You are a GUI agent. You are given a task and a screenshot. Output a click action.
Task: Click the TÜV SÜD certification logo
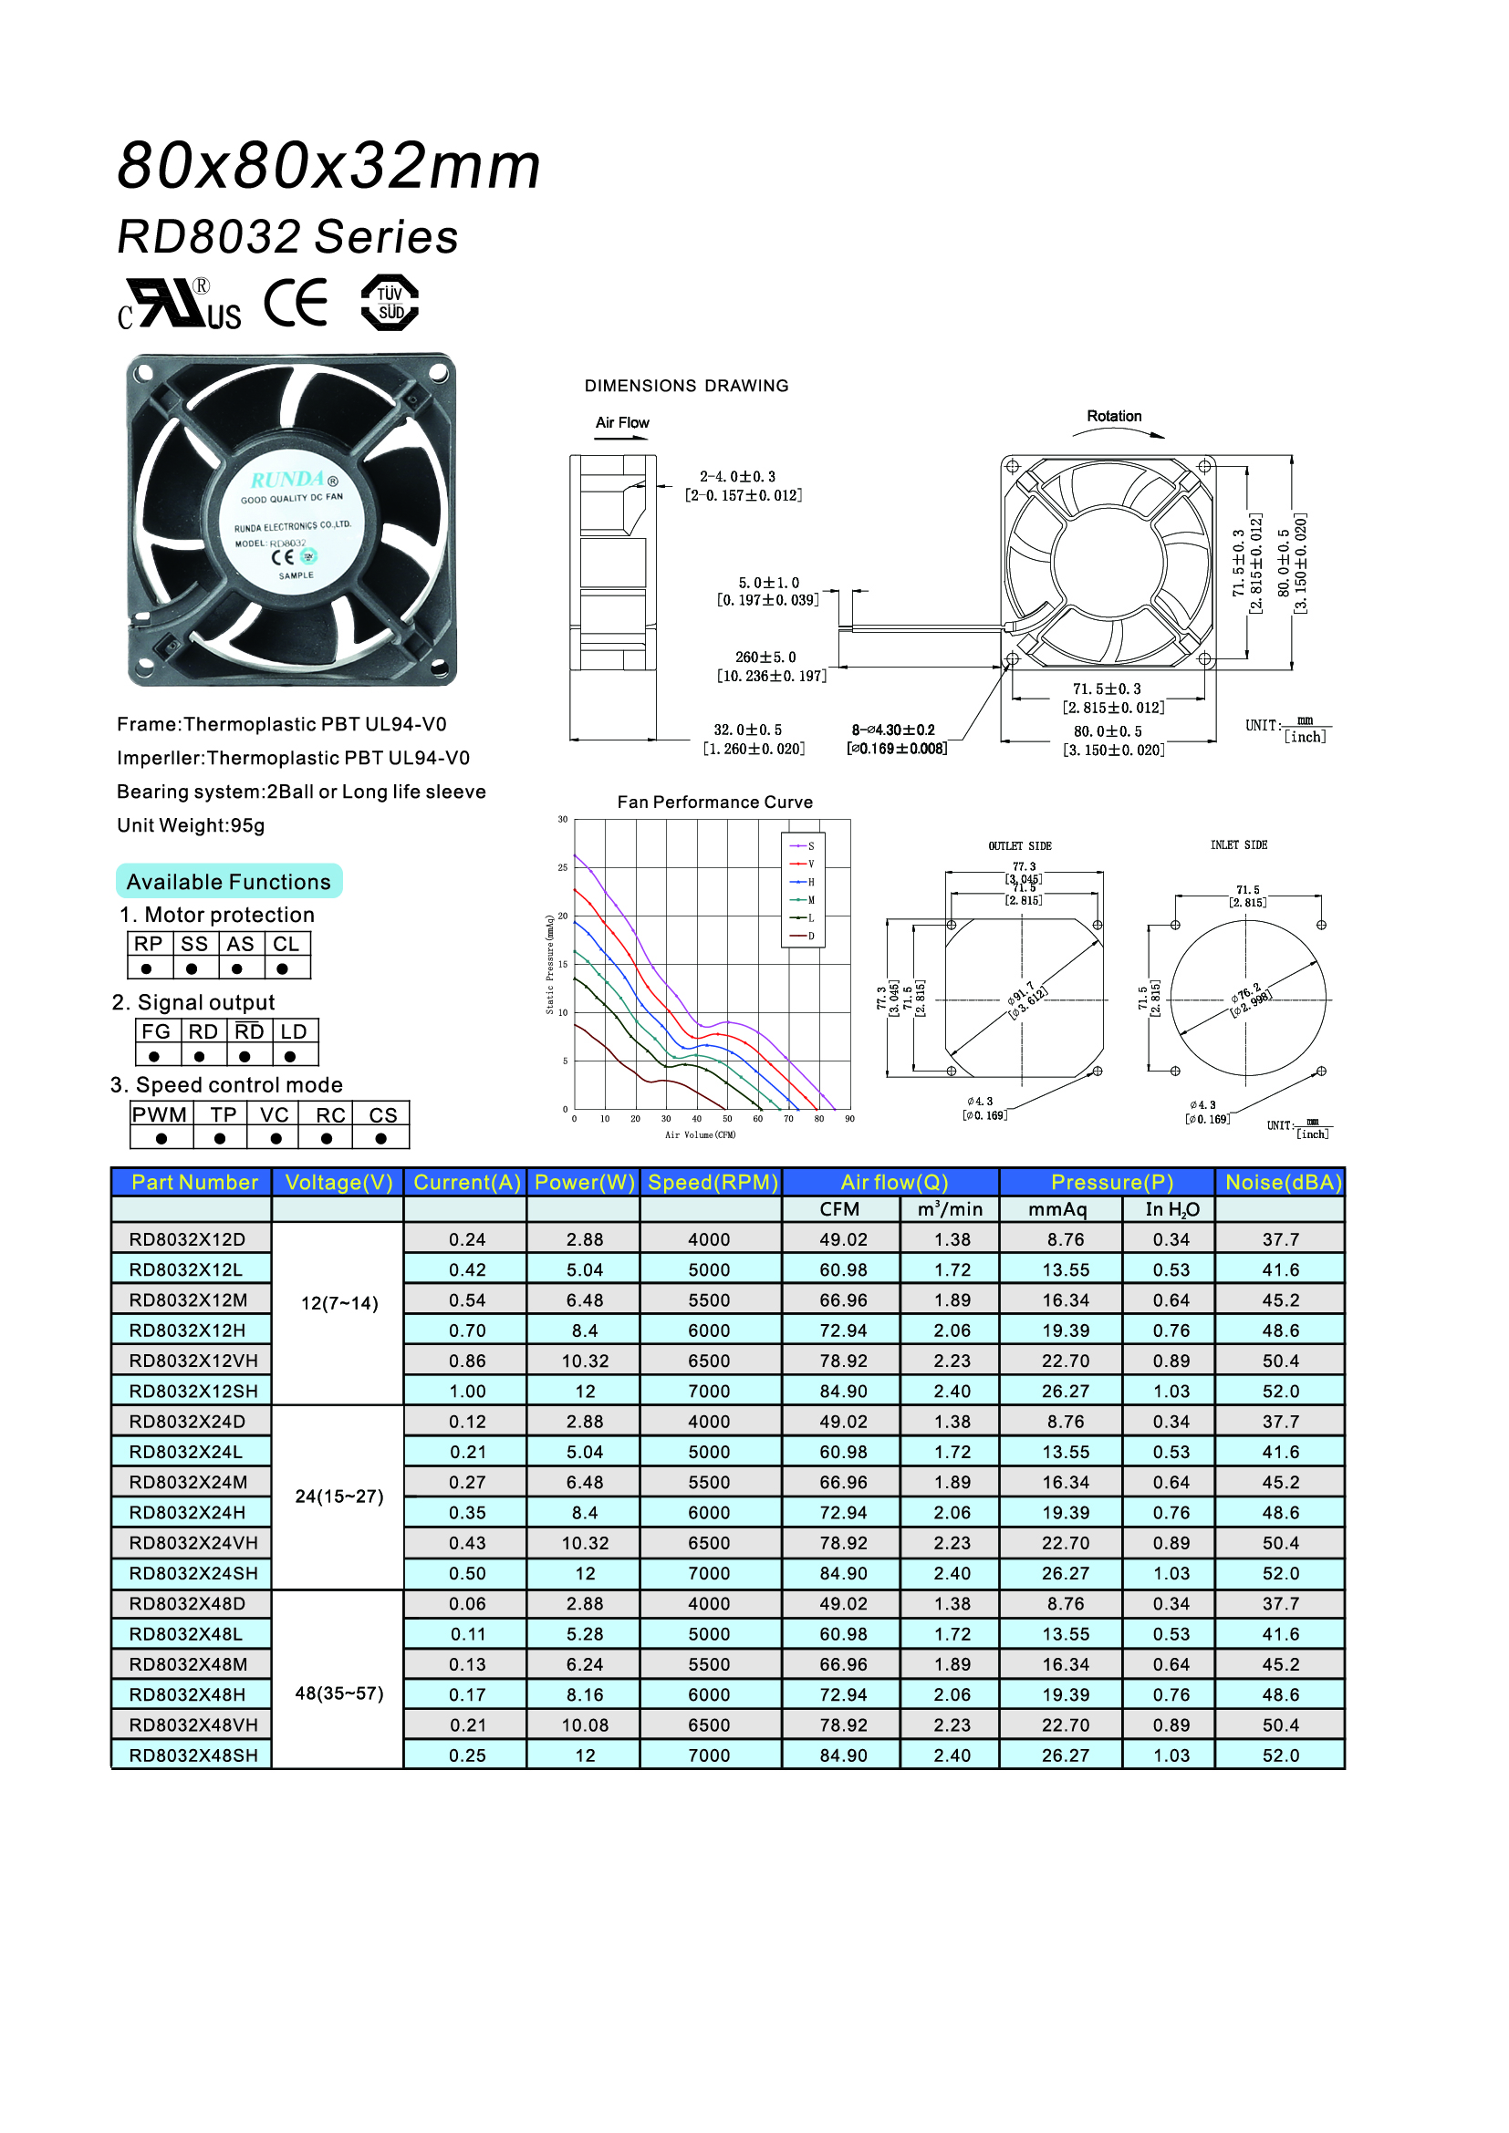click(390, 303)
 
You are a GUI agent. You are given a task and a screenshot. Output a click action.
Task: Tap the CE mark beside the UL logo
click(297, 303)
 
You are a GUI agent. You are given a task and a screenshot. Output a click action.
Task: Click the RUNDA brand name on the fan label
click(289, 480)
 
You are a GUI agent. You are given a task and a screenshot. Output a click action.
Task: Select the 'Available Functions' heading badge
click(229, 882)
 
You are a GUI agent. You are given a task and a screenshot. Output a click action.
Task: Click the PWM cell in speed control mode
click(160, 1114)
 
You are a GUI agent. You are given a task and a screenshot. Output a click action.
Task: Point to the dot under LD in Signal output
click(290, 1056)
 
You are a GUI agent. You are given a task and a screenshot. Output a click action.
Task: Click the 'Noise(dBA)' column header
click(1282, 1182)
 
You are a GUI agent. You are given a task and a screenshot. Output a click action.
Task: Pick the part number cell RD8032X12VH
click(193, 1361)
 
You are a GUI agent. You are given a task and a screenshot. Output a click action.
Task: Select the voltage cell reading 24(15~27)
click(339, 1496)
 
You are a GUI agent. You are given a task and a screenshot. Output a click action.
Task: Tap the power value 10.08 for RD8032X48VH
click(585, 1725)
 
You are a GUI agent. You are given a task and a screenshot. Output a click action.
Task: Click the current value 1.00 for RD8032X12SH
click(467, 1392)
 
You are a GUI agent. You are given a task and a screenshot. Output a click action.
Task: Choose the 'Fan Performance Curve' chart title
click(714, 802)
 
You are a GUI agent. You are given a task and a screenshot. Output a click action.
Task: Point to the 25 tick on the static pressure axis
click(563, 867)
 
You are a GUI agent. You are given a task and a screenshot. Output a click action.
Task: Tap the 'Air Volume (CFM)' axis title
click(700, 1134)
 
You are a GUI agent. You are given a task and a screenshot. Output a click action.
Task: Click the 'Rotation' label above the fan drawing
click(1114, 416)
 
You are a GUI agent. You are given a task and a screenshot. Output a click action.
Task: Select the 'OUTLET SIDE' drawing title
click(1019, 846)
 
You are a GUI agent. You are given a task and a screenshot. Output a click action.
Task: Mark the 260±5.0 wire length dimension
click(765, 658)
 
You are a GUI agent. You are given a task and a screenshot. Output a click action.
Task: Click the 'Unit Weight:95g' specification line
click(191, 825)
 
